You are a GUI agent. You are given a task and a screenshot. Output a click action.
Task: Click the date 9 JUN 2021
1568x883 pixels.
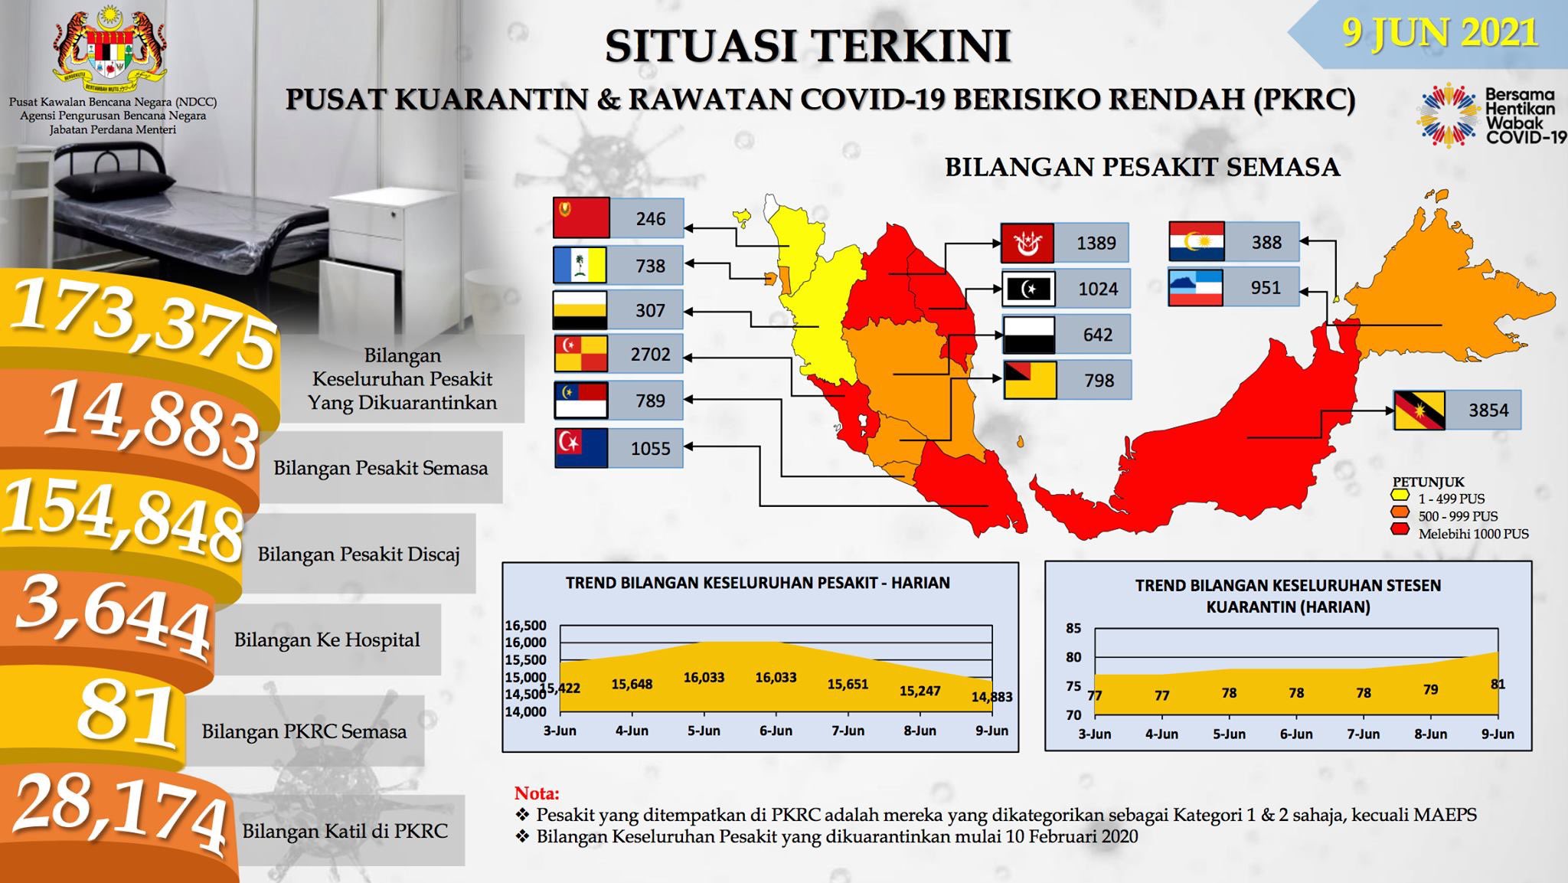[x=1440, y=34]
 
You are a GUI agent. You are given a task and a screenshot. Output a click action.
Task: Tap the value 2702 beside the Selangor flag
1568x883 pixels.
[x=650, y=355]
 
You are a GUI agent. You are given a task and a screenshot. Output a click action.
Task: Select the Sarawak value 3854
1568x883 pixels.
[x=1488, y=410]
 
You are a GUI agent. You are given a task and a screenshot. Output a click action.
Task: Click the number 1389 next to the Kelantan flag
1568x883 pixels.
[x=1096, y=244]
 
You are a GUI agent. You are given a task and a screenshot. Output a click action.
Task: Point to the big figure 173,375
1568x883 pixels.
[x=142, y=323]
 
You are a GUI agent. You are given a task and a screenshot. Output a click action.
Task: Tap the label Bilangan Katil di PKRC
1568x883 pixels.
[x=345, y=831]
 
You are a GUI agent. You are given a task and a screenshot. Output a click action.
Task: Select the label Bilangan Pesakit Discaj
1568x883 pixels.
[x=358, y=554]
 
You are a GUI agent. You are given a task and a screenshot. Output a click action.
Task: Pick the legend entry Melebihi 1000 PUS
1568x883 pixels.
[x=1473, y=534]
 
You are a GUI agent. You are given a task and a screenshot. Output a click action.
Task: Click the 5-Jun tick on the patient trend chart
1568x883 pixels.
[x=704, y=731]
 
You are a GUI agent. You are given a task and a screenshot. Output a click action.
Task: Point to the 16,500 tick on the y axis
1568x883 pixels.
[x=525, y=626]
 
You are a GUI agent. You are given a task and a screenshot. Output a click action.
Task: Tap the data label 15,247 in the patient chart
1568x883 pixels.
[x=920, y=691]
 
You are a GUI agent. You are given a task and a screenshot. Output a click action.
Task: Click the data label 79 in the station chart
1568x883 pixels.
[x=1430, y=689]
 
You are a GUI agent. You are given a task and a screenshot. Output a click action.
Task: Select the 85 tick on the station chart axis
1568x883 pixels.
[x=1073, y=629]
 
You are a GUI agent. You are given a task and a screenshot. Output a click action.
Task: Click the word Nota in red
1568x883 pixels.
[x=537, y=793]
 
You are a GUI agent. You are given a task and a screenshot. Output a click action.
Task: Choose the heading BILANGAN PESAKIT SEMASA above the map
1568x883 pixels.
[x=1142, y=167]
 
